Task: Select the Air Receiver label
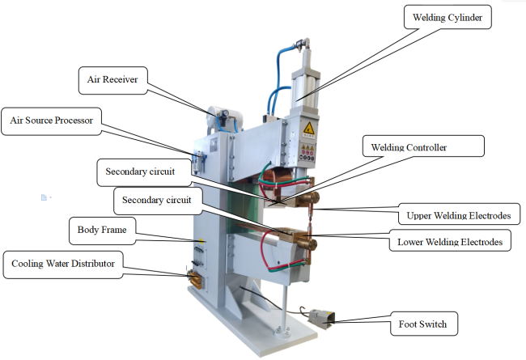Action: [114, 80]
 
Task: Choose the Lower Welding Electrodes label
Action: [449, 241]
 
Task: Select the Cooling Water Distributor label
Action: [62, 263]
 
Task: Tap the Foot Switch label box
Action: [422, 324]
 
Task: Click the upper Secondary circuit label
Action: [146, 172]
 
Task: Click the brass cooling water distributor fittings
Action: [195, 278]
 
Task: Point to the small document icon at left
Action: [45, 196]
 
